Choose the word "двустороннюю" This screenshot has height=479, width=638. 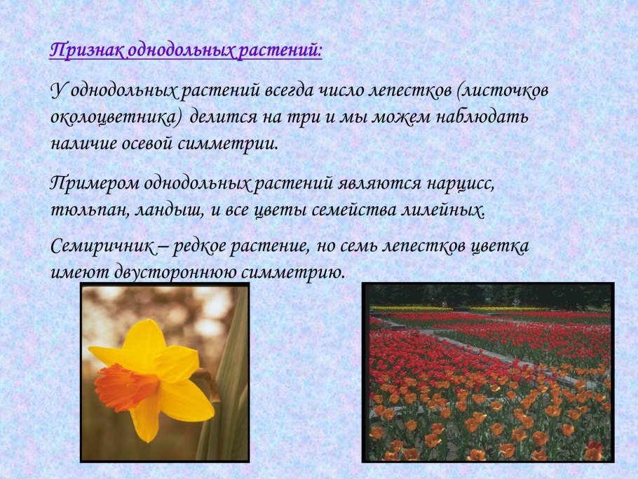(x=174, y=272)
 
